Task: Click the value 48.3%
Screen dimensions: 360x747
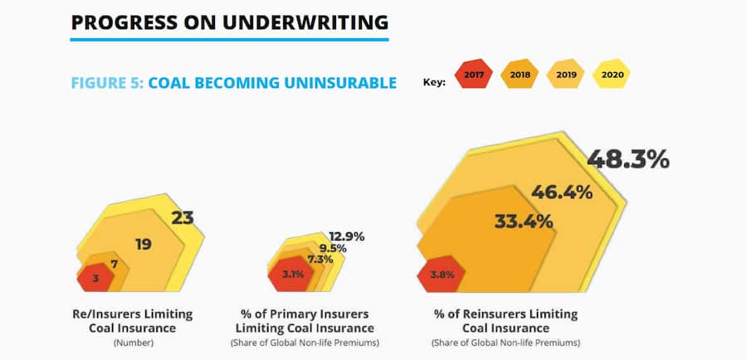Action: click(627, 159)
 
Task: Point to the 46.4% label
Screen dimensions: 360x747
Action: click(562, 192)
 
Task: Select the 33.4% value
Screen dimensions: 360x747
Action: click(524, 221)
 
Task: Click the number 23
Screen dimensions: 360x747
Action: click(183, 218)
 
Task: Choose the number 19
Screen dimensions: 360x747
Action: click(144, 244)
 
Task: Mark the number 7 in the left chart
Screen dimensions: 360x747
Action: click(114, 264)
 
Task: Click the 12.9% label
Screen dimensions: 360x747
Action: click(346, 236)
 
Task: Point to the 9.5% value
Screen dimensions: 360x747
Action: click(332, 247)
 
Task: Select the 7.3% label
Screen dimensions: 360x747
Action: click(320, 260)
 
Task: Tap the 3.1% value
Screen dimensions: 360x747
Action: click(291, 275)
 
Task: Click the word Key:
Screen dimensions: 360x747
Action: click(434, 82)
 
